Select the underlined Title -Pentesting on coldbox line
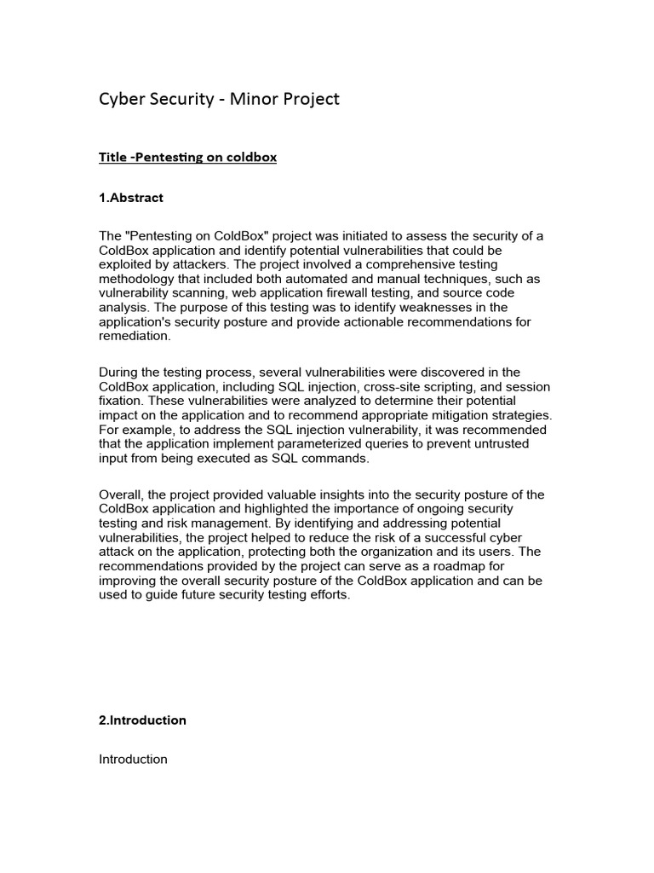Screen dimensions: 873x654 point(188,158)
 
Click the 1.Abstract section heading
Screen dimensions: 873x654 point(131,198)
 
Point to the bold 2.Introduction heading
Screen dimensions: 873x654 point(143,720)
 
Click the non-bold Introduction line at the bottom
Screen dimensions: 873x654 point(134,759)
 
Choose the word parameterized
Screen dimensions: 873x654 point(307,444)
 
